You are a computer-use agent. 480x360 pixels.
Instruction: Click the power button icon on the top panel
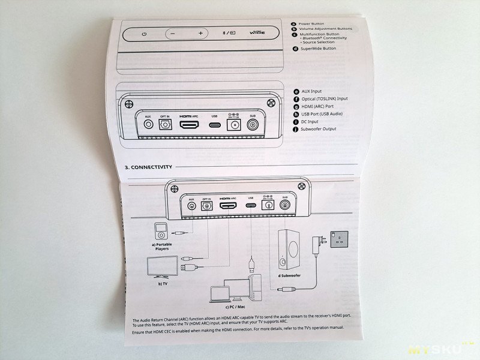point(144,34)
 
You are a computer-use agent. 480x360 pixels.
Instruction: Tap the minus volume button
point(173,34)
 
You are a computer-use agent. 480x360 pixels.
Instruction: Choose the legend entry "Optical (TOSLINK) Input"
point(324,98)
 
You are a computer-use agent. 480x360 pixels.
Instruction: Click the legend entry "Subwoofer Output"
point(319,129)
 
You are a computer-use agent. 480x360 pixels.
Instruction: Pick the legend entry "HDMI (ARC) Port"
point(319,106)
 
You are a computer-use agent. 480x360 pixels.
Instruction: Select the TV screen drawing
point(162,266)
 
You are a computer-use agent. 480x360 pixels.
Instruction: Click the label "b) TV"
point(163,283)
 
